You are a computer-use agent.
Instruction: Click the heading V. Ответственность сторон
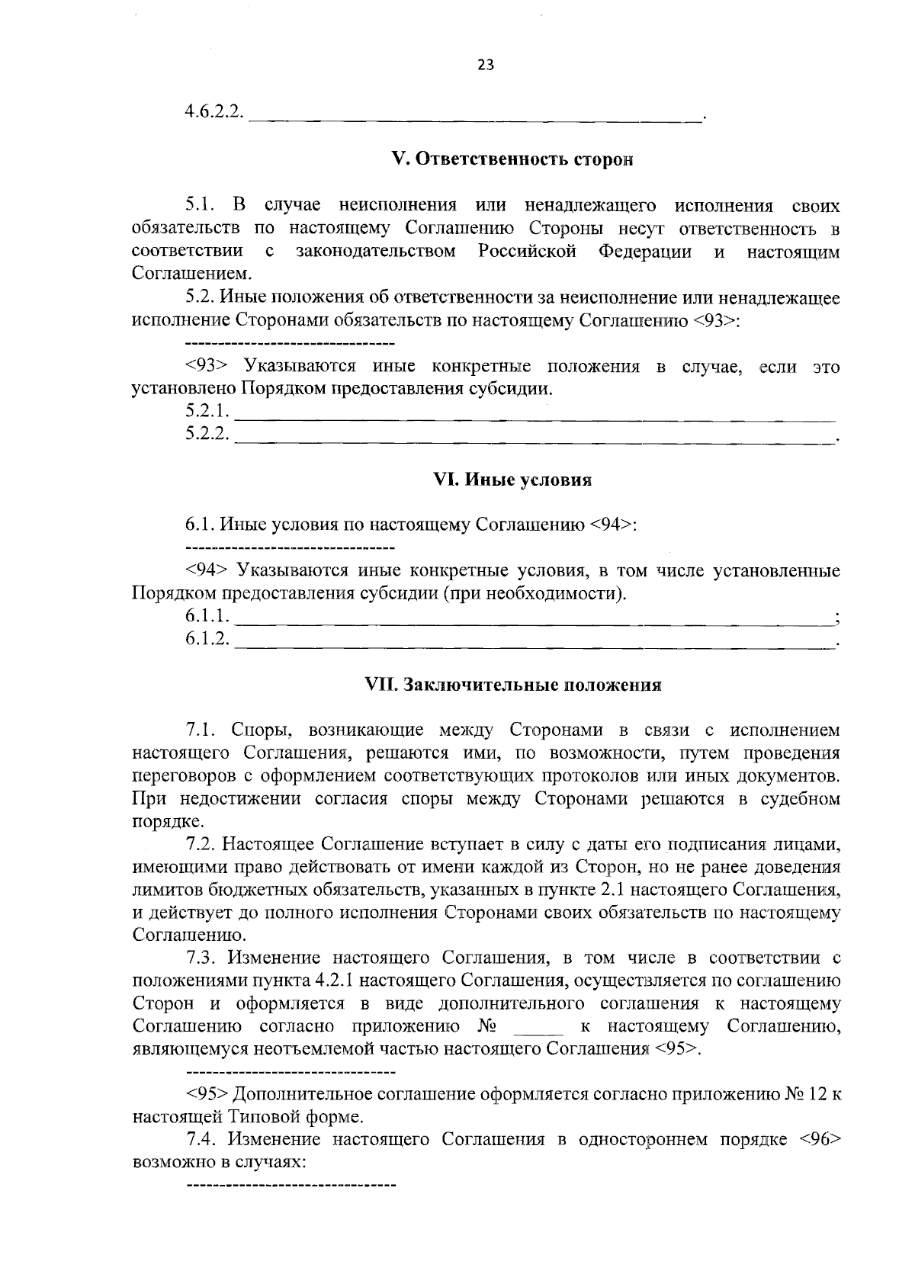(512, 159)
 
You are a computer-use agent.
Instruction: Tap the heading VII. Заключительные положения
(513, 684)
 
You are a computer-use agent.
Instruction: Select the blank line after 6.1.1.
(534, 622)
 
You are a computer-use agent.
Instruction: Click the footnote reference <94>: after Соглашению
(613, 525)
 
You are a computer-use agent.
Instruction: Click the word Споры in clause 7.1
(259, 730)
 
